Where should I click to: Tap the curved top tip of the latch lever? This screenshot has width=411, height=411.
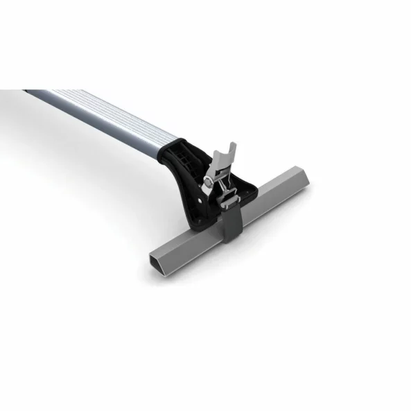pyautogui.click(x=232, y=146)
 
